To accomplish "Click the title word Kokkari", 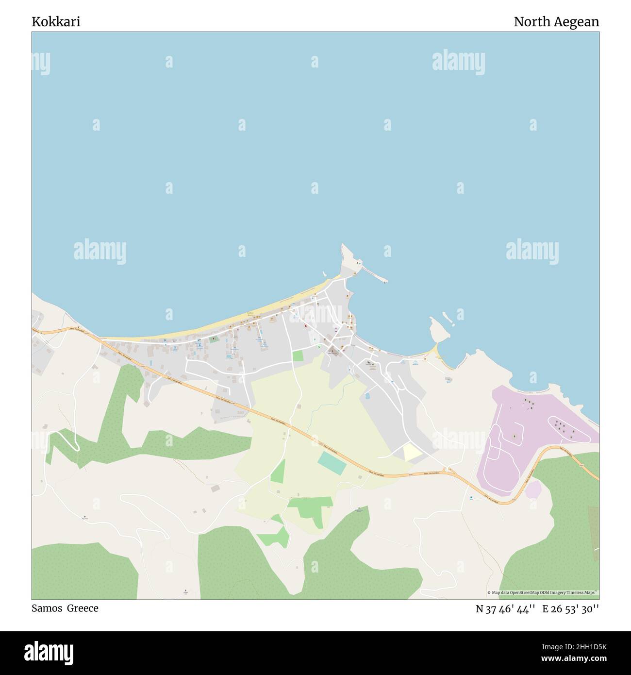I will click(56, 22).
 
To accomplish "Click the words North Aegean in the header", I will click(556, 22).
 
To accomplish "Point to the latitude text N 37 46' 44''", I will click(505, 609).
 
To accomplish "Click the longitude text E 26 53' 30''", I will click(570, 609).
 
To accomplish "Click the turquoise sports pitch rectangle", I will click(332, 463).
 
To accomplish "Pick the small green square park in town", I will click(298, 355).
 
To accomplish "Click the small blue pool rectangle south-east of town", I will click(367, 396).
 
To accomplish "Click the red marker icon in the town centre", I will click(305, 326).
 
